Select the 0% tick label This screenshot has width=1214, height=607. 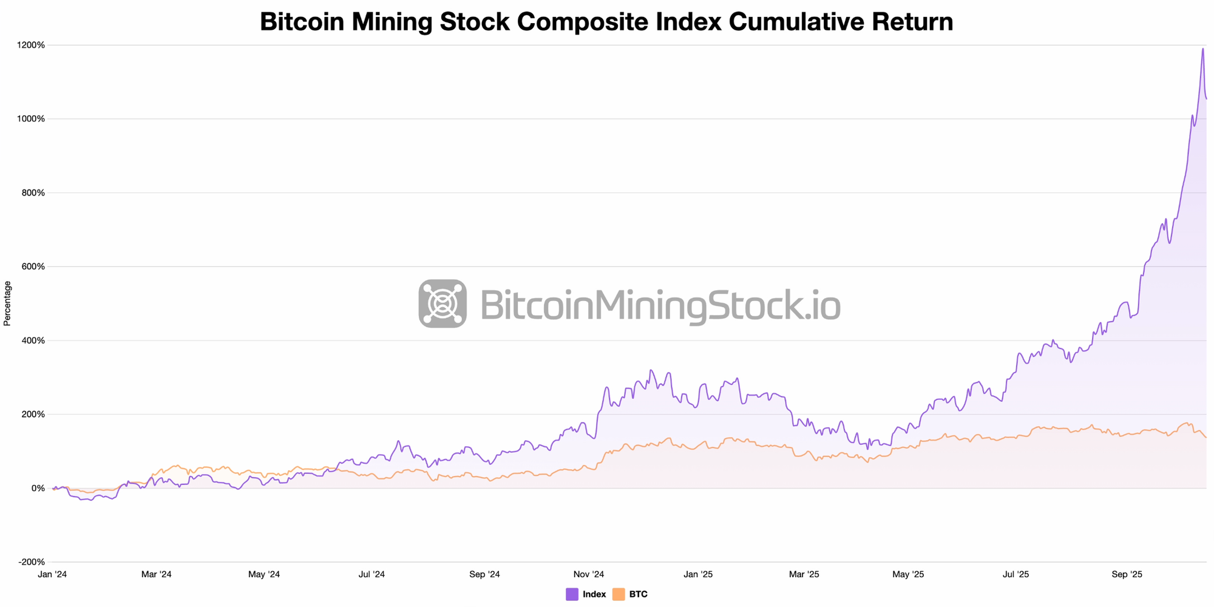coord(39,488)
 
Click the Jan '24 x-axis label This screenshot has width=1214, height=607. coord(52,574)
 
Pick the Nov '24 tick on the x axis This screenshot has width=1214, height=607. coord(589,574)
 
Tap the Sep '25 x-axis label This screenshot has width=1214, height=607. coord(1127,574)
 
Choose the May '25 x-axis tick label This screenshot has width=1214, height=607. coord(908,574)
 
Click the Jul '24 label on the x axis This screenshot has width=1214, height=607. coord(371,574)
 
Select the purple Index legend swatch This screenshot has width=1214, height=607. coord(572,594)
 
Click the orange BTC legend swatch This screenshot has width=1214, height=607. coord(619,594)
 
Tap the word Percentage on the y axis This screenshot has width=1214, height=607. coord(7,303)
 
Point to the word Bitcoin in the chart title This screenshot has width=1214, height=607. coord(301,22)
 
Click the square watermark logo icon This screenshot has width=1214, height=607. coord(443,303)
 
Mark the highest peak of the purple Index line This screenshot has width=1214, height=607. coord(1202,49)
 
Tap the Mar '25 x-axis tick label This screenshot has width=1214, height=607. coord(804,574)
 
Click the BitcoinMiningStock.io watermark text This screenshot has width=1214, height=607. coord(660,305)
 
